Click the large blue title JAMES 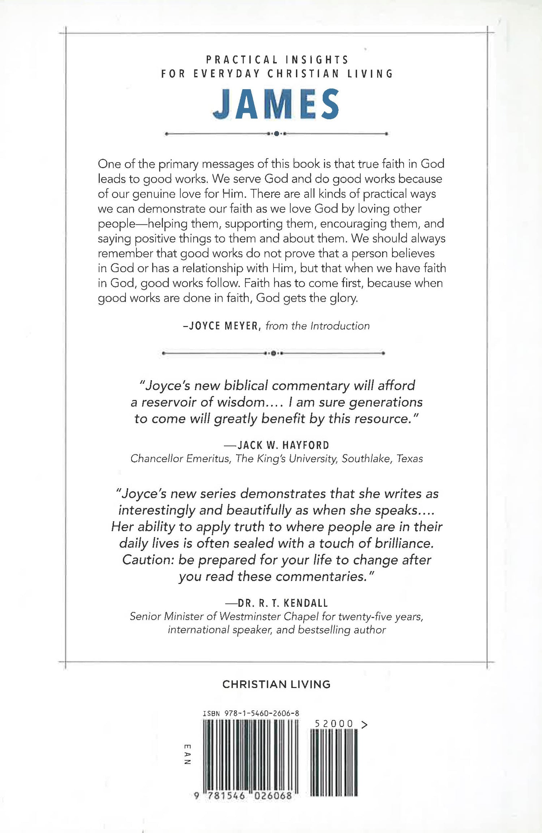276,104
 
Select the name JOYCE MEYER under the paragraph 221,326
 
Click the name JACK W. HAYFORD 283,445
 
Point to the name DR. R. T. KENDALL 283,603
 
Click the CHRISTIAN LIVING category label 276,684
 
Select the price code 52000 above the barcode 334,724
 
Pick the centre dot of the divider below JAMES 276,134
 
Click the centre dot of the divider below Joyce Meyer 274,353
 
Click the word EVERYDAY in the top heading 227,74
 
